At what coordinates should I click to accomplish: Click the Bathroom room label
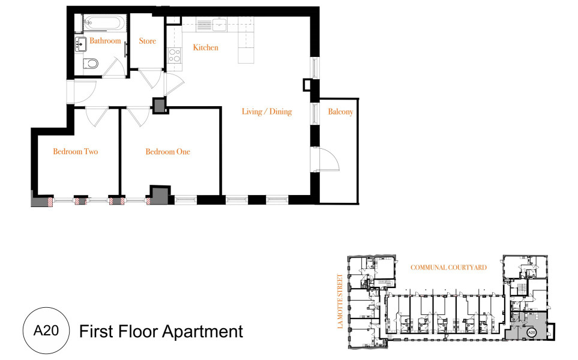[x=105, y=41]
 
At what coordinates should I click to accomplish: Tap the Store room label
[x=148, y=41]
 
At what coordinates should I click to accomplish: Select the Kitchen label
[x=206, y=47]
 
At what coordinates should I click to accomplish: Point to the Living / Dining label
[x=267, y=112]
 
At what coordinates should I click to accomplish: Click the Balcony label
[x=340, y=112]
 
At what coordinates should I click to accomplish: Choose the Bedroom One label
[x=167, y=151]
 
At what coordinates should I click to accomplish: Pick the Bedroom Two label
[x=76, y=151]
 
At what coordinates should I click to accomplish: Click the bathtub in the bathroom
[x=105, y=23]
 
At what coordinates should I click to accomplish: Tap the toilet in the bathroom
[x=91, y=64]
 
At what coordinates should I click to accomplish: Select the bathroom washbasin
[x=81, y=43]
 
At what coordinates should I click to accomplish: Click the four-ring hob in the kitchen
[x=174, y=55]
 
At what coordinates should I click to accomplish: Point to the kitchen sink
[x=220, y=25]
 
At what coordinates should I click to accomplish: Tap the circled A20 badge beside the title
[x=46, y=331]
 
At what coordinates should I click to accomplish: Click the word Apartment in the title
[x=203, y=332]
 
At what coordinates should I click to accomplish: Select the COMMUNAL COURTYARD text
[x=448, y=268]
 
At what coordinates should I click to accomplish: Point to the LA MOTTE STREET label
[x=340, y=301]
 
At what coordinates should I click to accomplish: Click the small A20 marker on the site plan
[x=531, y=332]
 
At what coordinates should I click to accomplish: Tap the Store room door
[x=151, y=78]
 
